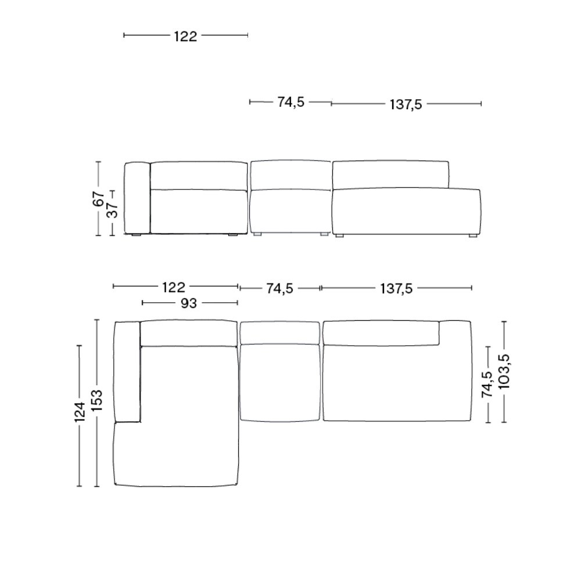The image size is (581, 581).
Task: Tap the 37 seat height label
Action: click(x=114, y=210)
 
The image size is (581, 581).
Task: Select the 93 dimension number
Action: click(x=189, y=303)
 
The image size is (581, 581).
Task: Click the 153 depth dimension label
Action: click(x=97, y=400)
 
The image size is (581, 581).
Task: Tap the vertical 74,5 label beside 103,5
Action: click(x=487, y=385)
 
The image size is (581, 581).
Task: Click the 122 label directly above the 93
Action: click(x=174, y=288)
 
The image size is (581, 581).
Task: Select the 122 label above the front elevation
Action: click(x=186, y=36)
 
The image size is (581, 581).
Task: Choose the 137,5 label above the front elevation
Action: click(x=406, y=105)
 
